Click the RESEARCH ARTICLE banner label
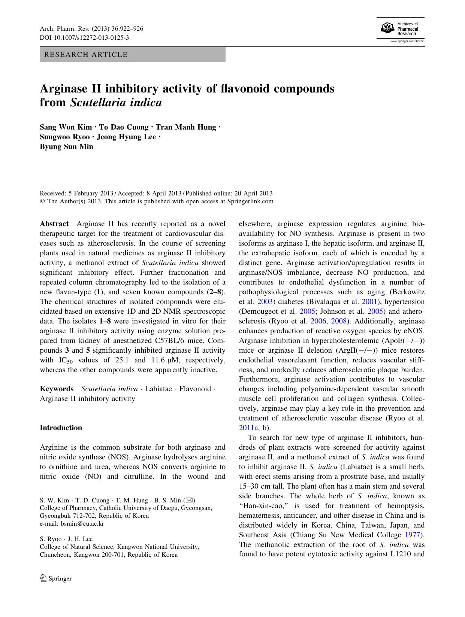tap(86, 55)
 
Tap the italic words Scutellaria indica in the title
tap(116, 102)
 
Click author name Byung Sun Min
tap(66, 146)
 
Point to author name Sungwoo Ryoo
tap(65, 137)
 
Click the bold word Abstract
tap(54, 224)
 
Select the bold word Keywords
tap(57, 389)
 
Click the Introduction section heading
tap(61, 428)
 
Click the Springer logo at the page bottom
tap(56, 578)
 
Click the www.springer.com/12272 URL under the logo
tap(407, 41)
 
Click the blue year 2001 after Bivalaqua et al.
tap(369, 302)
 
